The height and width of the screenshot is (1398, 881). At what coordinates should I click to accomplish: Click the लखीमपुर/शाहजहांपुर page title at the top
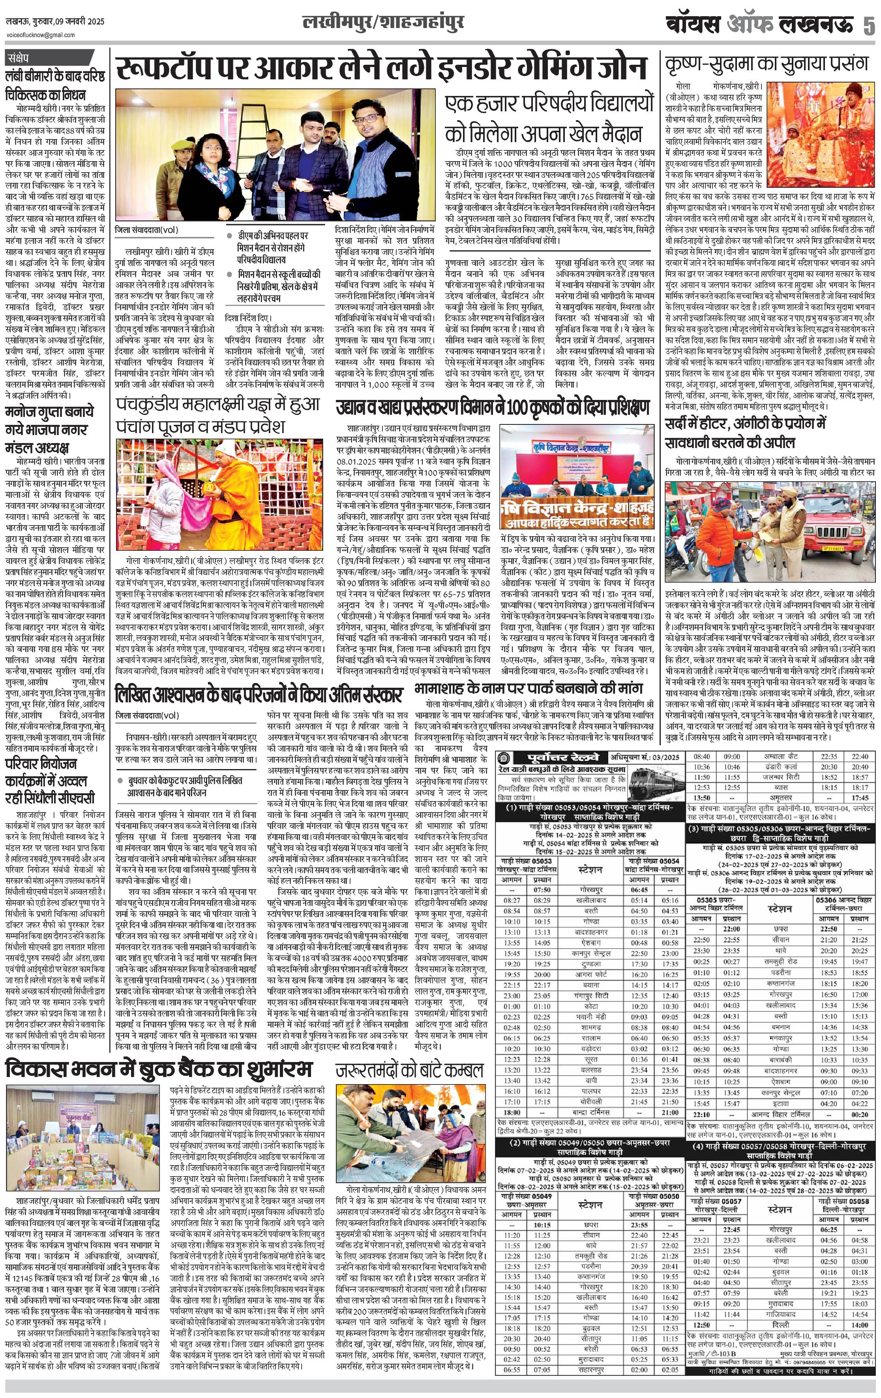click(383, 23)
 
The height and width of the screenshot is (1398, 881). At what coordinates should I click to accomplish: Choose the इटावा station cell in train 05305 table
click(780, 1103)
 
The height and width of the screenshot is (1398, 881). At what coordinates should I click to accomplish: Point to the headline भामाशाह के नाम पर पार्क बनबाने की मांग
click(528, 689)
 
